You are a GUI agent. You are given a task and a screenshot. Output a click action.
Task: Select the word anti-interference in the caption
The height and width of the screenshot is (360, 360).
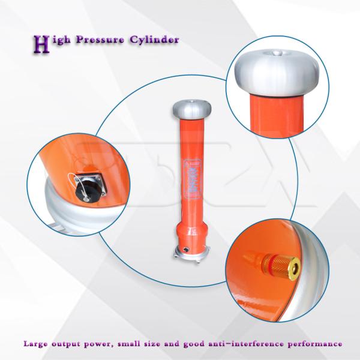pyautogui.click(x=250, y=344)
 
